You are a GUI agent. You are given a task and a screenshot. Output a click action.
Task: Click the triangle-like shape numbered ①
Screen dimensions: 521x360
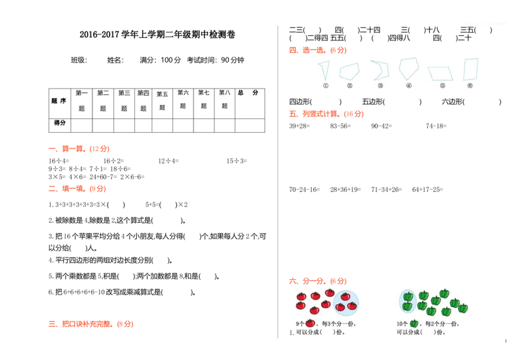pos(324,69)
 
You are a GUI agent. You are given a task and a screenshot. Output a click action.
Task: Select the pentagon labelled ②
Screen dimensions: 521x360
pos(349,71)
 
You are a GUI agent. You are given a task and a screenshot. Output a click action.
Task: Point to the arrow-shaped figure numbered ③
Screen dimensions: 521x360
pos(380,70)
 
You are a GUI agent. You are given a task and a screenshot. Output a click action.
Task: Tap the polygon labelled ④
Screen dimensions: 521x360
pos(408,68)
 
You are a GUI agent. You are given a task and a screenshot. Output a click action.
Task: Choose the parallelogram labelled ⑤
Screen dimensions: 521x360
pos(440,73)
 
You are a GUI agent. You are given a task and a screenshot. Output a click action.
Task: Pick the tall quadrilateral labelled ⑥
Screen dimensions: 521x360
pos(470,69)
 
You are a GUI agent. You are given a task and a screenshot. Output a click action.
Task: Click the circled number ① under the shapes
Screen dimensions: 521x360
pos(326,85)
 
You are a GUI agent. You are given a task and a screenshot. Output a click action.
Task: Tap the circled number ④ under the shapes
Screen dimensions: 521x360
pos(409,85)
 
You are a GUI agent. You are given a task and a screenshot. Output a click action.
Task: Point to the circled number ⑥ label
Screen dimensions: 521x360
pos(470,85)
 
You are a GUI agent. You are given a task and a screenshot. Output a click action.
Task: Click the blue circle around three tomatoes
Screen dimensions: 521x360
pos(346,303)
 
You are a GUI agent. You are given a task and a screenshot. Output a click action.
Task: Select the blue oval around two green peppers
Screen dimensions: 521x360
pos(408,301)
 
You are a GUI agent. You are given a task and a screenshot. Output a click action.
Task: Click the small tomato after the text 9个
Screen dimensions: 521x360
pos(310,324)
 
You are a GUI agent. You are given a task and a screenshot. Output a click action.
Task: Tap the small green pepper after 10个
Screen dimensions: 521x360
pos(414,324)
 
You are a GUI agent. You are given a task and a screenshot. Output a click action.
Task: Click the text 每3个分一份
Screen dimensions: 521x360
pos(339,324)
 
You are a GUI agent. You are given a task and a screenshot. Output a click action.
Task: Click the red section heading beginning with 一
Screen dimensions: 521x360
pos(78,149)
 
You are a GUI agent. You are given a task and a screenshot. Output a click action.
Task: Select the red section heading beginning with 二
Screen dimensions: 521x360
pos(77,188)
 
